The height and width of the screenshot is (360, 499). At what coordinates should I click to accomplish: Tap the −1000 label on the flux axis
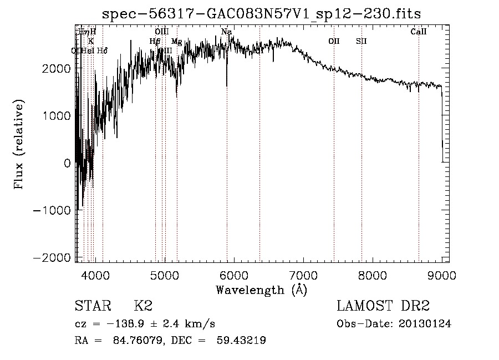pyautogui.click(x=53, y=210)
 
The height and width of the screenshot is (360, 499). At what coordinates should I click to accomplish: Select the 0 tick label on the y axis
pyautogui.click(x=67, y=163)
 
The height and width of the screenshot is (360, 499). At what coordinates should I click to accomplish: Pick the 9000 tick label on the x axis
pyautogui.click(x=441, y=274)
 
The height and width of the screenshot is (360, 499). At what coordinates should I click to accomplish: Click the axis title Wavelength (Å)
pyautogui.click(x=261, y=290)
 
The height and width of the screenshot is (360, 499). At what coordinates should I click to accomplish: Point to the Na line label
pyautogui.click(x=226, y=32)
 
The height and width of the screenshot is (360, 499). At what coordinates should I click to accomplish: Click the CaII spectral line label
pyautogui.click(x=419, y=32)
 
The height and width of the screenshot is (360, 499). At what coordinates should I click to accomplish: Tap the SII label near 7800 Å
pyautogui.click(x=361, y=41)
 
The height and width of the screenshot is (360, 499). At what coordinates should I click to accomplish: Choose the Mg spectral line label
pyautogui.click(x=176, y=41)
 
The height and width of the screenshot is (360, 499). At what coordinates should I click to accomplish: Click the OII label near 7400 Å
pyautogui.click(x=334, y=41)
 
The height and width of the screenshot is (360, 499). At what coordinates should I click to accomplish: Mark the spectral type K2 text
pyautogui.click(x=143, y=306)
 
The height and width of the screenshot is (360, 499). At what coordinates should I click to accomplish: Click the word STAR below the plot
pyautogui.click(x=93, y=306)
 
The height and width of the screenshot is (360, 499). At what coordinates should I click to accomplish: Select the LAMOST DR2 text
pyautogui.click(x=383, y=306)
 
